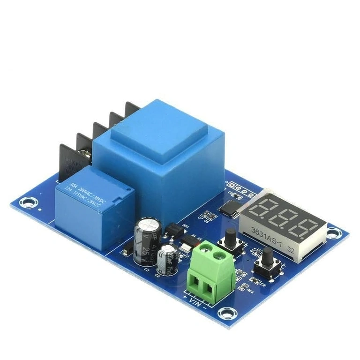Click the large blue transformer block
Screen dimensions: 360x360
(x=159, y=159)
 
